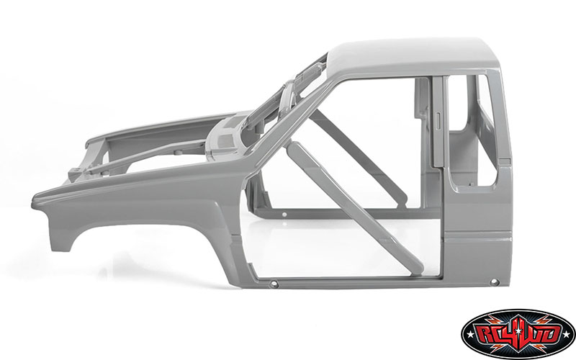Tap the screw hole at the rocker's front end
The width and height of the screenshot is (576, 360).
[x=274, y=285]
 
